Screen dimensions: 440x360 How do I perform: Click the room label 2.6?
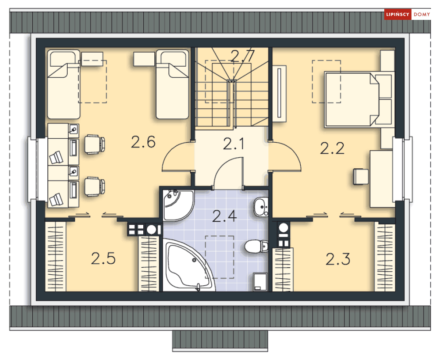pyautogui.click(x=143, y=142)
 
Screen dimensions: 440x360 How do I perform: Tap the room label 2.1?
pyautogui.click(x=233, y=144)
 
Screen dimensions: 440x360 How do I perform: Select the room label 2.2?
pyautogui.click(x=332, y=148)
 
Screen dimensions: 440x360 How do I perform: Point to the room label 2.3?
pyautogui.click(x=338, y=259)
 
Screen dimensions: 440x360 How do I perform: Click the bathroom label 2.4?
pyautogui.click(x=225, y=216)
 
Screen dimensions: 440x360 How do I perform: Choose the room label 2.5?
pyautogui.click(x=103, y=258)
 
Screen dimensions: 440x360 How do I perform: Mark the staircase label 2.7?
pyautogui.click(x=243, y=55)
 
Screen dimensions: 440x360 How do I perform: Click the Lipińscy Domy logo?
pyautogui.click(x=407, y=14)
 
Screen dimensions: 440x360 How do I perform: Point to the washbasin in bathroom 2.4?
pyautogui.click(x=261, y=207)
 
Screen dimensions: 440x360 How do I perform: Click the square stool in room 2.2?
pyautogui.click(x=361, y=177)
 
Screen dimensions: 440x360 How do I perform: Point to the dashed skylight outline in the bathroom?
pyautogui.click(x=220, y=257)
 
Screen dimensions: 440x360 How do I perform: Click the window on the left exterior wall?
pyautogui.click(x=33, y=169)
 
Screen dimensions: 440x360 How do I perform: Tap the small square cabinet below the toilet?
pyautogui.click(x=260, y=282)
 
